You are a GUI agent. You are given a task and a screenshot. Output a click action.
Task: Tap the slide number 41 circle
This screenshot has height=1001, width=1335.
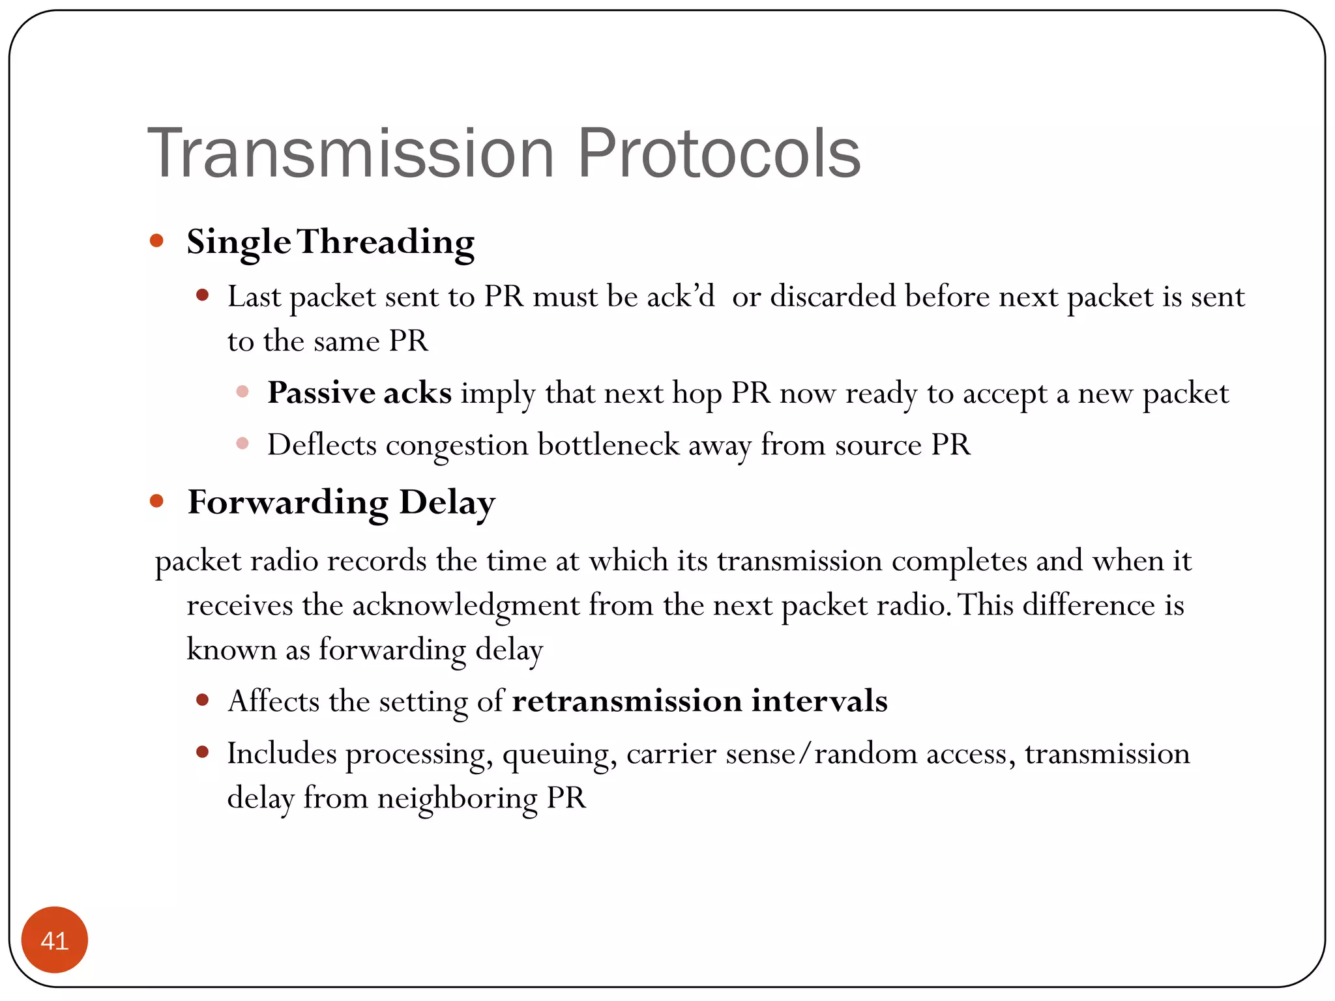tap(55, 940)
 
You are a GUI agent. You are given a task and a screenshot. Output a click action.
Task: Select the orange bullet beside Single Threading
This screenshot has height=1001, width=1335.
tap(156, 240)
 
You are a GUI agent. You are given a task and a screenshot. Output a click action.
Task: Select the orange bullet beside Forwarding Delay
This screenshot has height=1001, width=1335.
tap(156, 500)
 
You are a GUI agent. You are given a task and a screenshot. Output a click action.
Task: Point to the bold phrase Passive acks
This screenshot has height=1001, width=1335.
tap(359, 393)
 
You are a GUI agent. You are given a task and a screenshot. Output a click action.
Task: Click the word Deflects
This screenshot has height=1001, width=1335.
tap(321, 445)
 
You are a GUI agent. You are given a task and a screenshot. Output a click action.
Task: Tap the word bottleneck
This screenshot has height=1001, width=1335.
tap(608, 445)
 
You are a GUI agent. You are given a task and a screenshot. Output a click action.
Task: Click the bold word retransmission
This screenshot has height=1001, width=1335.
tap(626, 701)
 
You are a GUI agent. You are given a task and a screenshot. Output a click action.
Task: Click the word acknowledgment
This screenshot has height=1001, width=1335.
tap(465, 605)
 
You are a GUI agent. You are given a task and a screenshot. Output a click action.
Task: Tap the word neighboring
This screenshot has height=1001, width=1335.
tap(457, 798)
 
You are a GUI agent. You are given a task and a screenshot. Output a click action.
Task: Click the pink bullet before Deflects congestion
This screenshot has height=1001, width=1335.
tap(242, 444)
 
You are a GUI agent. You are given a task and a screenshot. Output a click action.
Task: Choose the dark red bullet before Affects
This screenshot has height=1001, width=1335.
tap(202, 701)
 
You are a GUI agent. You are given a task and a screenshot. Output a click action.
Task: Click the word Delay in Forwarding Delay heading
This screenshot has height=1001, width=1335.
tap(447, 503)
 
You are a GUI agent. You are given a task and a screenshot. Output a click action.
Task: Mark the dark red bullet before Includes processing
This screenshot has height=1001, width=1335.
tap(202, 753)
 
